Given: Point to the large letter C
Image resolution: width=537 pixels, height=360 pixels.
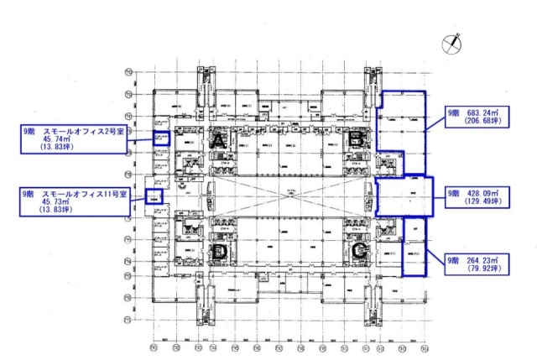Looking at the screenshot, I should [359, 249].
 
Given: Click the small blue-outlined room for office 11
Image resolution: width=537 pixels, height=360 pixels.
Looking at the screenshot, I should [154, 198].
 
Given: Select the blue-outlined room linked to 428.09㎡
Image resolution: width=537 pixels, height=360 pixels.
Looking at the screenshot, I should [404, 196].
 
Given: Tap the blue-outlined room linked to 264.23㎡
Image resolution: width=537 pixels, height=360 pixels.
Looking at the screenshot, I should [414, 247].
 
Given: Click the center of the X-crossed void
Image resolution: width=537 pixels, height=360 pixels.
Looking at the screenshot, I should [289, 196].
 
